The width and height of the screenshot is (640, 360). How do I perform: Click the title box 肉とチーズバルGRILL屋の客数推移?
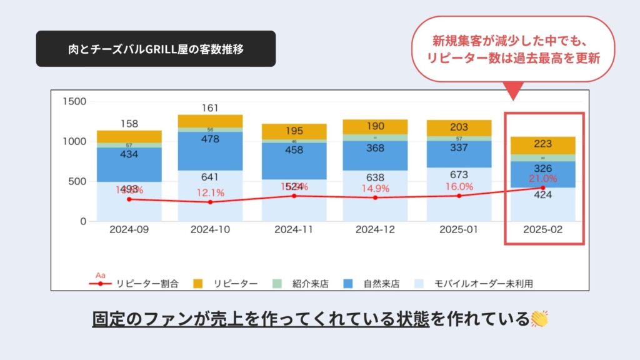(x=156, y=49)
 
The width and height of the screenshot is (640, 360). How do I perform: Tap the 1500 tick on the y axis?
(x=74, y=101)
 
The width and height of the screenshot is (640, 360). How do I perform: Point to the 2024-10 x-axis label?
(x=210, y=229)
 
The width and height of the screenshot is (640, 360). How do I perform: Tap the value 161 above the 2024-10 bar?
(x=210, y=107)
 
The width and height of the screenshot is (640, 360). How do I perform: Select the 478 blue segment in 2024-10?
(x=210, y=140)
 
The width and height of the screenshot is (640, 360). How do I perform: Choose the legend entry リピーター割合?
(x=146, y=283)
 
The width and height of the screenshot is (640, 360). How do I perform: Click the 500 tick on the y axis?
(x=77, y=181)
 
